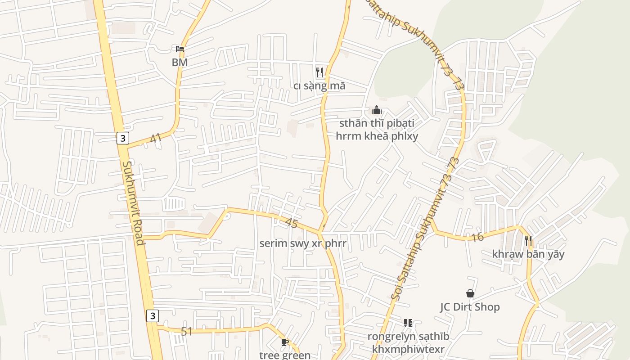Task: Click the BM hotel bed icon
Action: click(180, 49)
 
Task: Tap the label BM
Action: click(180, 63)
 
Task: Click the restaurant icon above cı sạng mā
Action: click(319, 72)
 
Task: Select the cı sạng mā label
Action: click(319, 85)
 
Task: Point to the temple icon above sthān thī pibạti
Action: click(377, 110)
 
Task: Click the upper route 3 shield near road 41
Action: click(123, 138)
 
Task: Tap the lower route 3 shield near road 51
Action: click(153, 316)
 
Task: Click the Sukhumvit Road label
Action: click(133, 203)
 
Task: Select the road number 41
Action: click(156, 138)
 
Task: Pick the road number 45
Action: click(292, 223)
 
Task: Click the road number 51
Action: click(187, 332)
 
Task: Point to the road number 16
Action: click(478, 237)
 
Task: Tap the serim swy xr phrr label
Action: click(303, 243)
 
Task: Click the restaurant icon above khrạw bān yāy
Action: click(528, 241)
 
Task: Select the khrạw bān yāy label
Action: click(528, 254)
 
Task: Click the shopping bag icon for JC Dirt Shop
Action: click(470, 293)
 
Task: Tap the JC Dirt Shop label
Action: click(470, 307)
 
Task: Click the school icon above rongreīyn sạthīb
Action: click(408, 323)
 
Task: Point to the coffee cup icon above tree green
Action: click(284, 342)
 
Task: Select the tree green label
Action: click(285, 355)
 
